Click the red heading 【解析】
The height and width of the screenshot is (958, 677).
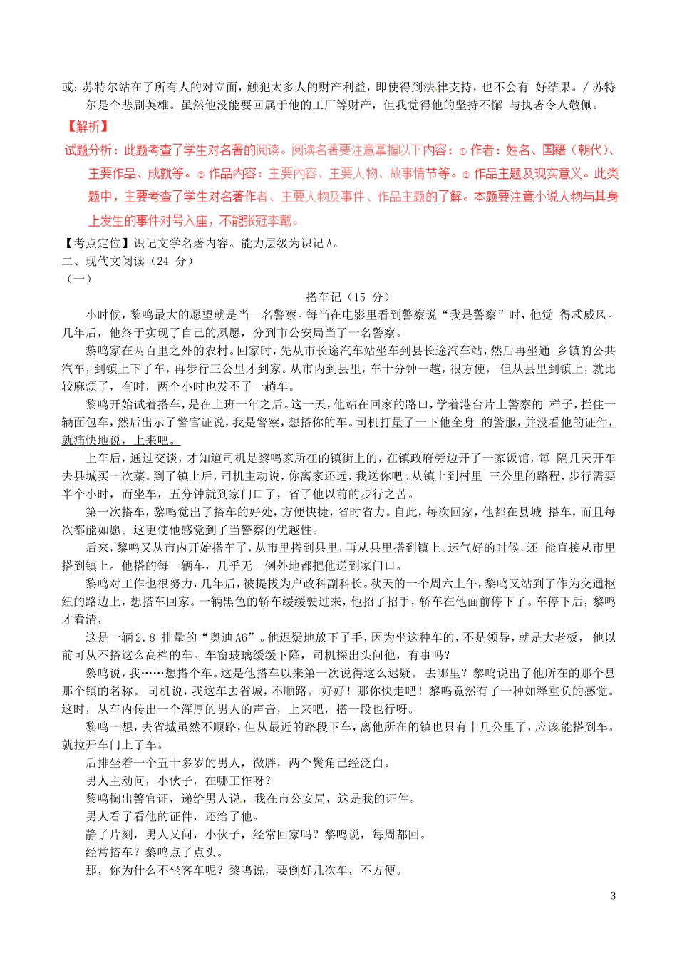pos(87,127)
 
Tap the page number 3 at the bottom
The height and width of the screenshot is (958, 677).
pos(614,896)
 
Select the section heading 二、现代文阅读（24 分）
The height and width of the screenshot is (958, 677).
pos(128,261)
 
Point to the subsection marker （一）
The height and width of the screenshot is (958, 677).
pos(78,279)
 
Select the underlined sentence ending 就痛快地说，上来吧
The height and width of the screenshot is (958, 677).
pos(121,440)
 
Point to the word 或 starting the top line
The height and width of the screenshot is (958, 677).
pos(68,87)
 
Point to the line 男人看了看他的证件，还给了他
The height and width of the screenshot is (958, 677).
pos(172,816)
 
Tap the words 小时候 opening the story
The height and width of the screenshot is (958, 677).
pos(103,314)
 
